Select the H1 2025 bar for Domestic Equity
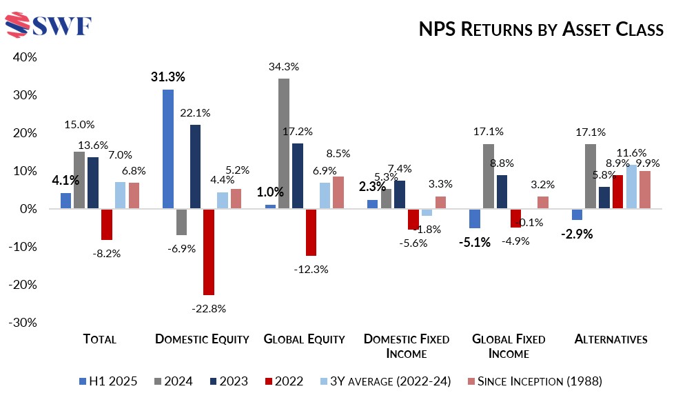click(x=167, y=148)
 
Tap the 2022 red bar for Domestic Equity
click(x=208, y=251)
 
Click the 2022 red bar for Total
click(x=106, y=224)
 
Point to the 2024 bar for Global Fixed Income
click(x=489, y=176)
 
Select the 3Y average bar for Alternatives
click(x=632, y=186)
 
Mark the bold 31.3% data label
click(x=168, y=77)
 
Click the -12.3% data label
click(x=312, y=269)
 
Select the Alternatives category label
click(x=611, y=339)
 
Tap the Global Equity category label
click(x=304, y=339)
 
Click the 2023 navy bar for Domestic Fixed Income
click(x=400, y=194)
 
